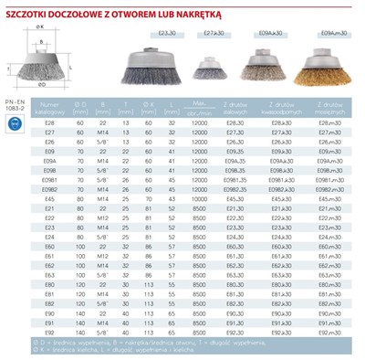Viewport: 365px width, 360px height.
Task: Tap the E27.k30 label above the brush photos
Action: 215,34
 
